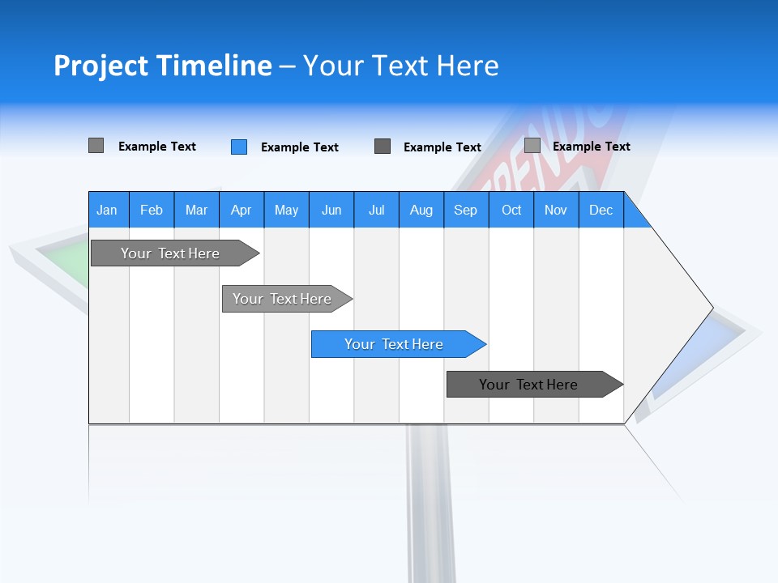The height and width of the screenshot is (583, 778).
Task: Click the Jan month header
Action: [107, 210]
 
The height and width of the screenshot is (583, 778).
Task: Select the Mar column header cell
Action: [196, 210]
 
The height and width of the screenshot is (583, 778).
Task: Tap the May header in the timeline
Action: [286, 210]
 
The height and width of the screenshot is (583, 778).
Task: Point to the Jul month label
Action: [376, 210]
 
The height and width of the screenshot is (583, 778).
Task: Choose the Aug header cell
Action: [421, 210]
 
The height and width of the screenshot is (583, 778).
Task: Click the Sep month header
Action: [465, 210]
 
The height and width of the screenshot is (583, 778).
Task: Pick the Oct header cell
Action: [511, 210]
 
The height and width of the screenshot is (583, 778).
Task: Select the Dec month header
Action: [601, 210]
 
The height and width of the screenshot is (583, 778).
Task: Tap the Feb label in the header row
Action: [152, 210]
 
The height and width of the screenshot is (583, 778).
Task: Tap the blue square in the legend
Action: [239, 147]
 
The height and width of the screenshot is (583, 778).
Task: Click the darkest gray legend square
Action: [383, 147]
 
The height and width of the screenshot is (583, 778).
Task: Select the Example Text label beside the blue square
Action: [299, 147]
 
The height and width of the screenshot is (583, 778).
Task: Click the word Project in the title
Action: [101, 66]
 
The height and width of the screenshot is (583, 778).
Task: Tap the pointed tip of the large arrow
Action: [710, 308]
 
